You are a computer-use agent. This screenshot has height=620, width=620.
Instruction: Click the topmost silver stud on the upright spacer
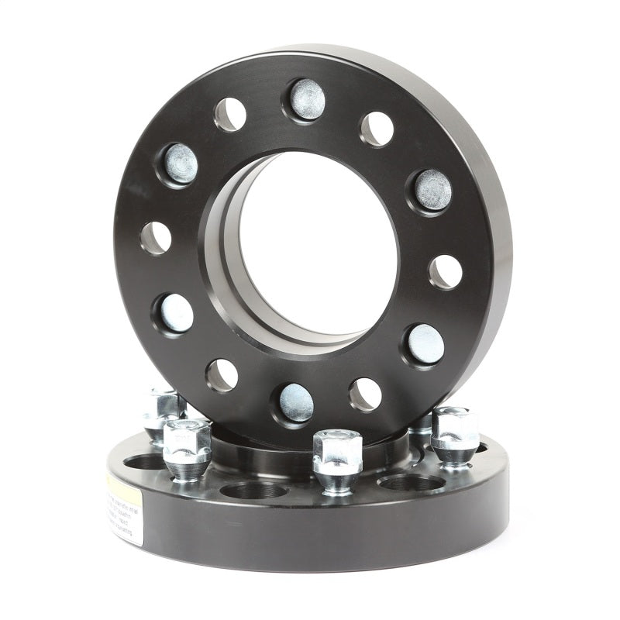coord(307,99)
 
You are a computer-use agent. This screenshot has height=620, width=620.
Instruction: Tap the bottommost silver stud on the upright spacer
coord(296,402)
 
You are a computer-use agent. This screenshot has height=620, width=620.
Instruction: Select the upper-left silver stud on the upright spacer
coord(180,164)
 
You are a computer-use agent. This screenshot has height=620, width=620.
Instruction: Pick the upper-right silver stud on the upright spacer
coord(432,190)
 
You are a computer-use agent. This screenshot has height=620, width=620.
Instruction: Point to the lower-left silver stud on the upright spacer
coord(175,313)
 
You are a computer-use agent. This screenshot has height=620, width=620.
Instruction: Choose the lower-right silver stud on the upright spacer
coord(425,343)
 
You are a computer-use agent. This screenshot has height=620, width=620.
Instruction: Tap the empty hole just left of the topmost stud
coord(230,115)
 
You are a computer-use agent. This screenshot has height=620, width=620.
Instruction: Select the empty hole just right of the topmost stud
coord(377,129)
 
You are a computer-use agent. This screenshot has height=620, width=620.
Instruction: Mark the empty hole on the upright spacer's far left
coord(156,238)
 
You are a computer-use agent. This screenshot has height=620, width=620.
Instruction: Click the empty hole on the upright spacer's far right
coord(446,271)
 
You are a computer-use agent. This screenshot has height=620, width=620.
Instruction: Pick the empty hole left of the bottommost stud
coord(222,375)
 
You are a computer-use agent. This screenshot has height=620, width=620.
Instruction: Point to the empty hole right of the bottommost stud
coord(365,394)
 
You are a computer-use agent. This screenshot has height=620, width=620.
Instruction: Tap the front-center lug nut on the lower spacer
coord(337,461)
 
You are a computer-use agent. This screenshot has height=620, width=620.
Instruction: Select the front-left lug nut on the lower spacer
coord(187,448)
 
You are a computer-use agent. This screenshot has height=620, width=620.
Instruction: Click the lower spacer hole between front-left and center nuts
coord(254,490)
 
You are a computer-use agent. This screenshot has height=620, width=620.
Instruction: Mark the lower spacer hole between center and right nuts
coord(411,483)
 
